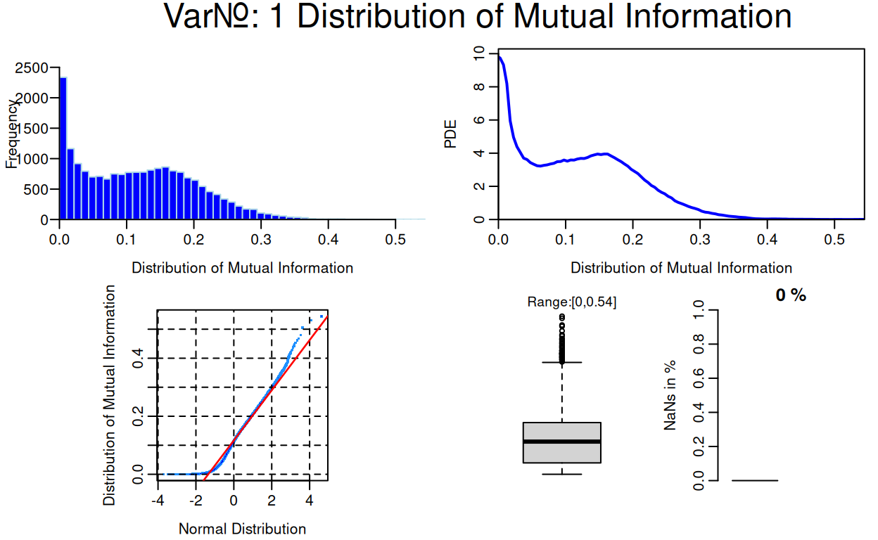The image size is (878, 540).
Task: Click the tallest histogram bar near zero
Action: [63, 148]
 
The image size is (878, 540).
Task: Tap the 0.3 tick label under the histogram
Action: [261, 239]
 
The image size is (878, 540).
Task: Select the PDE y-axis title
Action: [450, 134]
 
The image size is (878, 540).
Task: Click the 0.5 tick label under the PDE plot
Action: [834, 239]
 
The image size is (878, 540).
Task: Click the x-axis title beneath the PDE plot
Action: [680, 268]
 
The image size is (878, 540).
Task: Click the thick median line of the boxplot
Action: [561, 442]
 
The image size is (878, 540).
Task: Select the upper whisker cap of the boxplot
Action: [561, 362]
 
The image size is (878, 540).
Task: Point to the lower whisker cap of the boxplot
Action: [561, 474]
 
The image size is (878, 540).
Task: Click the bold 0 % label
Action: [790, 295]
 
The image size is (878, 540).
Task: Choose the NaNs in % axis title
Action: [670, 395]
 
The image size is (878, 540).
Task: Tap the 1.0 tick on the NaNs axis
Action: [698, 310]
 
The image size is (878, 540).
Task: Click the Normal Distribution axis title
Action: [242, 529]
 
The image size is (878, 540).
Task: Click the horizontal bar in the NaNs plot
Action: [755, 480]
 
